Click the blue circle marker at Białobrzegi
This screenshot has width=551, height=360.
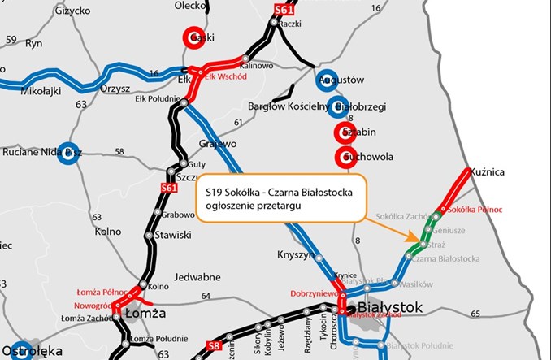[341, 106]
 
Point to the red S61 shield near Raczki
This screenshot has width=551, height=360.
[282, 9]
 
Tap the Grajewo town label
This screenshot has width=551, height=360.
[218, 143]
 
